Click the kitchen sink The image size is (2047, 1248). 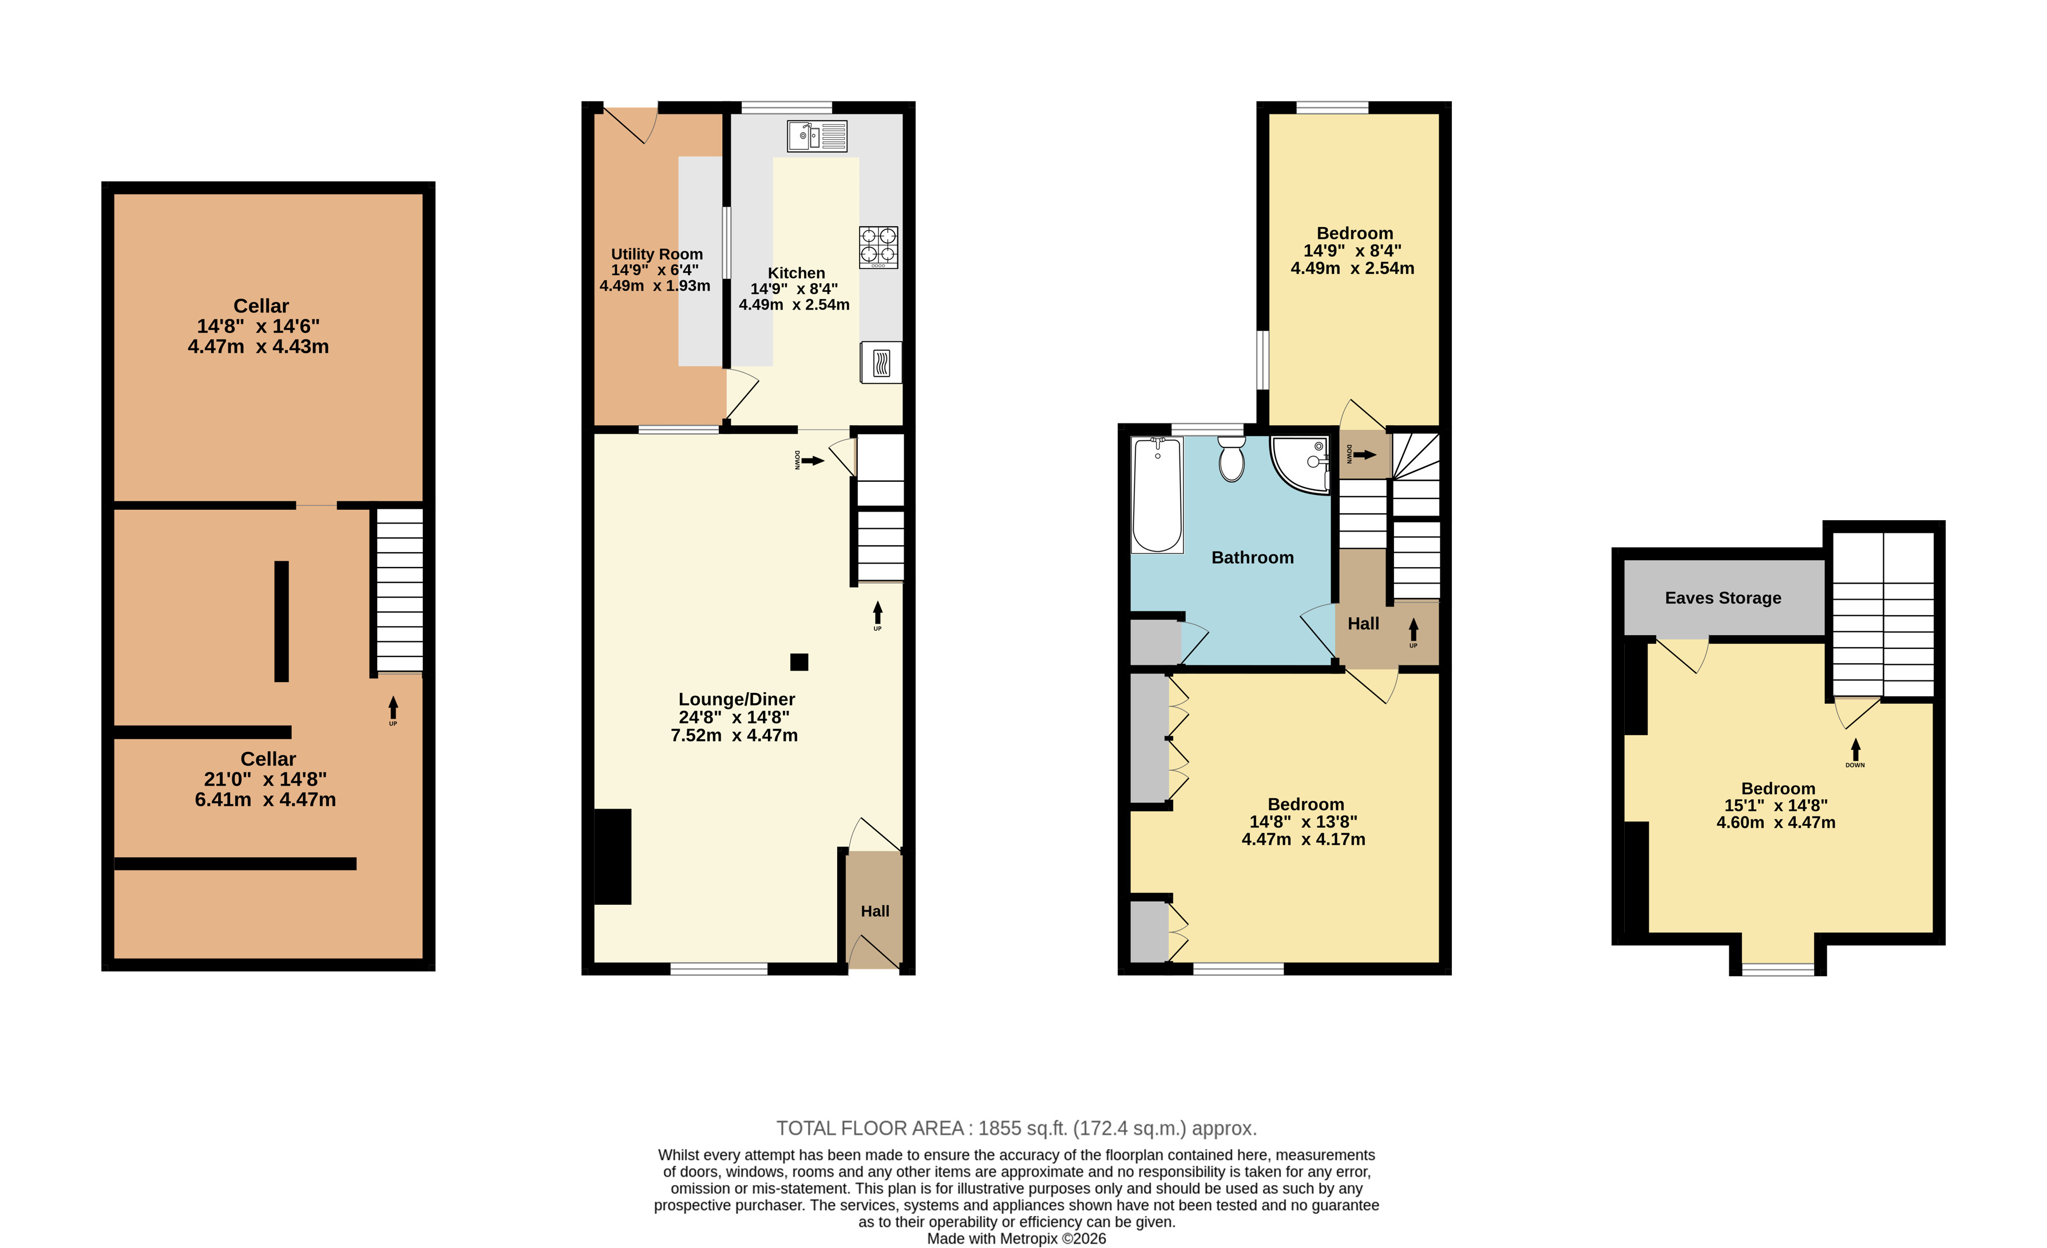[x=817, y=136]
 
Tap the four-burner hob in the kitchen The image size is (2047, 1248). [x=878, y=247]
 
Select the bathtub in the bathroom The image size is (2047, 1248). [x=1157, y=495]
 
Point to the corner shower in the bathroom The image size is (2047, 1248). [x=1300, y=463]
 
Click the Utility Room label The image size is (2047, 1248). [x=657, y=254]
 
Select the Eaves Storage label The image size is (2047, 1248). [x=1723, y=598]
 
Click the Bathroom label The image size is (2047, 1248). [x=1252, y=557]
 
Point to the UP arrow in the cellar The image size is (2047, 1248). [x=393, y=708]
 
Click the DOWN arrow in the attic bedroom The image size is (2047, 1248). [x=1855, y=750]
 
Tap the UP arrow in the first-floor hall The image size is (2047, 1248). [x=1413, y=630]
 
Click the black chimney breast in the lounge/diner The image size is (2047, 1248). [x=613, y=857]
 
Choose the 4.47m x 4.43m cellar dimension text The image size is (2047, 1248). [x=258, y=347]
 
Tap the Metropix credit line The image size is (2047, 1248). [x=1016, y=1239]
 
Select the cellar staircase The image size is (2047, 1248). [x=399, y=591]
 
